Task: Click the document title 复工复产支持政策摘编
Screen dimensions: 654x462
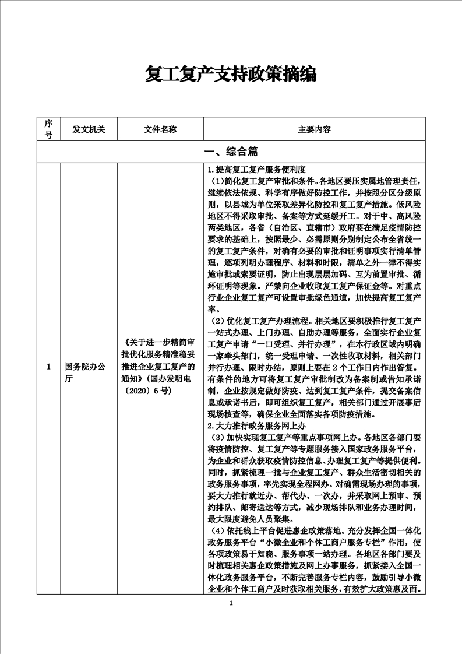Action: tap(231, 75)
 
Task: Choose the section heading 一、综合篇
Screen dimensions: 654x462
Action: tap(231, 152)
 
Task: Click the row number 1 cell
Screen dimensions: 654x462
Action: tap(49, 367)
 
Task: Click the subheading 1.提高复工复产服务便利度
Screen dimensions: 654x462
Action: tap(257, 170)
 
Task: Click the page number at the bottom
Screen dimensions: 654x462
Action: tap(231, 603)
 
